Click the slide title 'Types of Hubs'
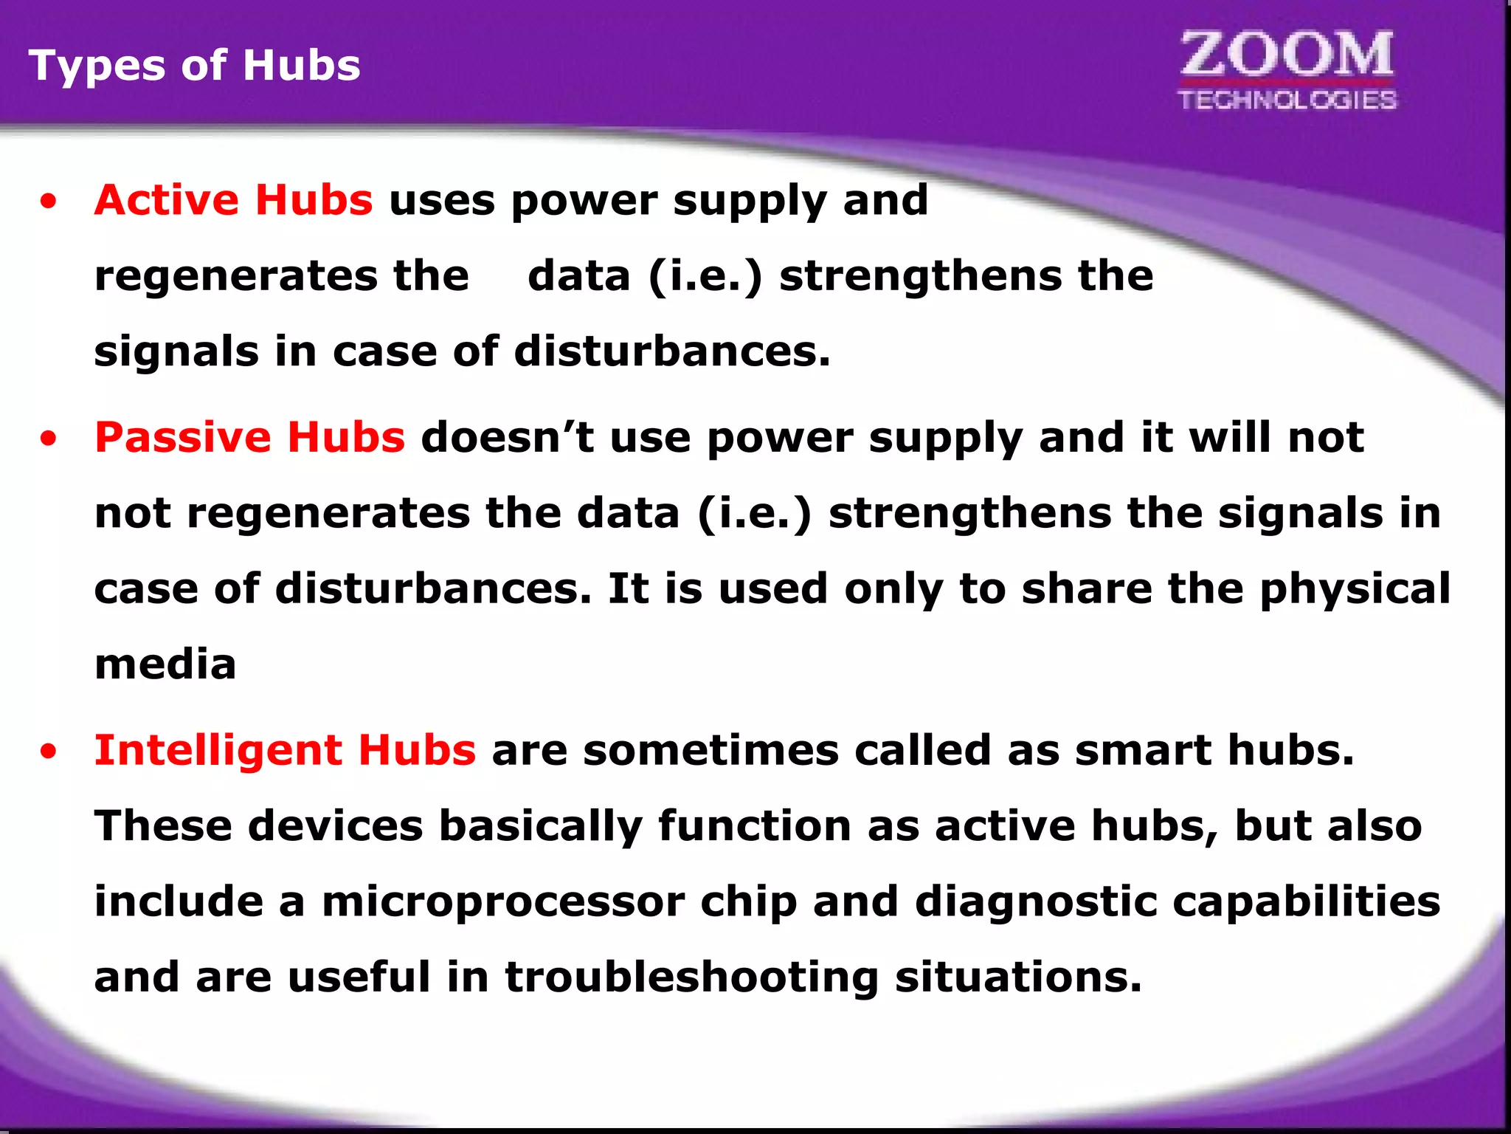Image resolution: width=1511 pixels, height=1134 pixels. (x=194, y=65)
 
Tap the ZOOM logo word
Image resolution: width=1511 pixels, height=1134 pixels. (x=1287, y=55)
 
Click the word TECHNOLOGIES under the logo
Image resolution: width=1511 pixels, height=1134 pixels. (x=1287, y=100)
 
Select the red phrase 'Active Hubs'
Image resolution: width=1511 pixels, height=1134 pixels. (x=233, y=200)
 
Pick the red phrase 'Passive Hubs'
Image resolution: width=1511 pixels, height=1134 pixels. (x=249, y=437)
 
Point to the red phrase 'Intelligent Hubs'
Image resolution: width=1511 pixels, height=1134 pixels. (x=285, y=750)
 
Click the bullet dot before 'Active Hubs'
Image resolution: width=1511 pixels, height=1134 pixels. (x=49, y=202)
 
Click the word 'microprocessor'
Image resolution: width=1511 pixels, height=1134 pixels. (x=503, y=902)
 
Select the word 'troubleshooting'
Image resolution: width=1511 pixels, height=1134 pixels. (x=691, y=977)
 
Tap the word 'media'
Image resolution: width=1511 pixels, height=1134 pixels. (x=165, y=664)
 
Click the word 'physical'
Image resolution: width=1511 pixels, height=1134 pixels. (x=1355, y=589)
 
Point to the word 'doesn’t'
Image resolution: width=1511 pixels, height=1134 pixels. (x=507, y=437)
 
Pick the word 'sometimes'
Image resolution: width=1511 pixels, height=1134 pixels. (x=710, y=750)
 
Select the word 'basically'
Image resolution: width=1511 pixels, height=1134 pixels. (x=540, y=826)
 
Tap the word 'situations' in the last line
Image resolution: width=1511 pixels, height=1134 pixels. (x=1018, y=977)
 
